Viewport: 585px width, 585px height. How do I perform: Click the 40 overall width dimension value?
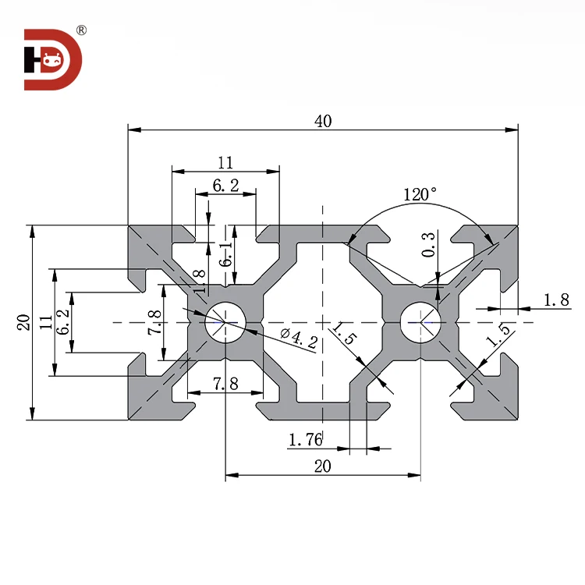(323, 120)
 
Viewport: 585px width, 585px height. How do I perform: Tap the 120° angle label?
(420, 194)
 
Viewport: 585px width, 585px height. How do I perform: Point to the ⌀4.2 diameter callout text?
(295, 338)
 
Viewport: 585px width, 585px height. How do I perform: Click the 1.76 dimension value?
(305, 441)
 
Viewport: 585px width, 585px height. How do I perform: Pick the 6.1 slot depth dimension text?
(225, 253)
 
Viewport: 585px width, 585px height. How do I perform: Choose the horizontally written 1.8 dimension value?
(555, 299)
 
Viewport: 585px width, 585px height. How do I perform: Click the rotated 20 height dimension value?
(23, 321)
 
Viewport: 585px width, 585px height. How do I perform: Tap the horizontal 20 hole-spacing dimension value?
(323, 466)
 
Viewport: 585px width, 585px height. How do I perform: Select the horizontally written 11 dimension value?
(225, 162)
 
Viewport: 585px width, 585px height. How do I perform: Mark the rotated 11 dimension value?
(45, 321)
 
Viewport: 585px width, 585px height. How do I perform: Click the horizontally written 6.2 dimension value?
(225, 186)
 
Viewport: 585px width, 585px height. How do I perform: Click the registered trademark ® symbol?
(81, 30)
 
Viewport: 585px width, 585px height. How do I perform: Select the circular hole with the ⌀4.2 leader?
(225, 321)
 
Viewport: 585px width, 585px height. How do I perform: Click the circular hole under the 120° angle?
(420, 321)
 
